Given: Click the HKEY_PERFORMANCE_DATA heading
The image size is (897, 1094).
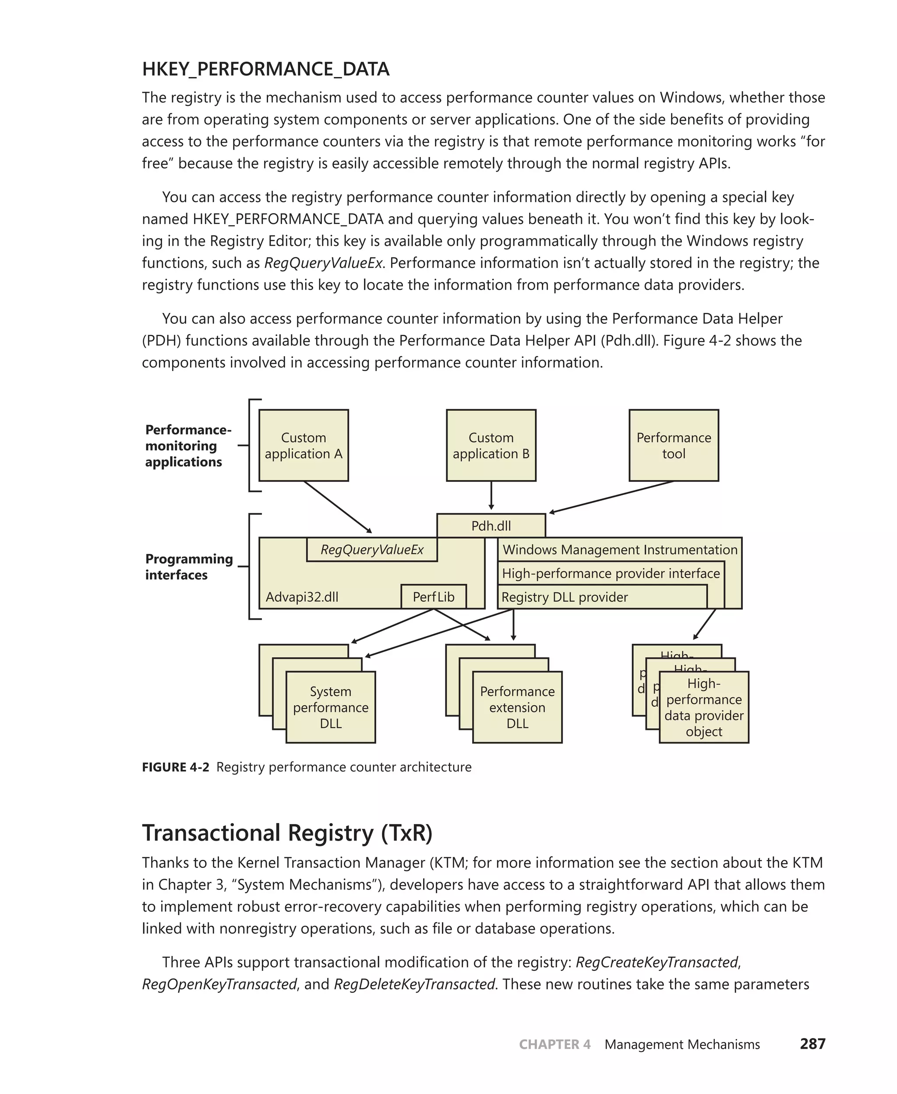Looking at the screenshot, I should coord(265,69).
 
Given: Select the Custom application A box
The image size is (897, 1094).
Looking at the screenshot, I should coord(303,445).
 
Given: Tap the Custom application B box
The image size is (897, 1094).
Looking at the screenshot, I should coord(491,445).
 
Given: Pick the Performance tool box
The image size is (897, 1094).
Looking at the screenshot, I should coord(673,445).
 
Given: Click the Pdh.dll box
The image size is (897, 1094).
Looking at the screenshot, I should coord(491,526).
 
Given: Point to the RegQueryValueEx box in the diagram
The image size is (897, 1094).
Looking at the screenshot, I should coord(371,549).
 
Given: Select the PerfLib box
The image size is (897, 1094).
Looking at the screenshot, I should coord(434,597).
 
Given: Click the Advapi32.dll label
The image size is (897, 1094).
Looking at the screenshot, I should coord(302,597).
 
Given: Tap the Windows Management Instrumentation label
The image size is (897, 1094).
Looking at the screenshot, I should coord(619,549).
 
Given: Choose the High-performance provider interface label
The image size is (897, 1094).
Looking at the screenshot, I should coord(610,573).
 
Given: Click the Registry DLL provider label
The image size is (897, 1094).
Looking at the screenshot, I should coord(564,597).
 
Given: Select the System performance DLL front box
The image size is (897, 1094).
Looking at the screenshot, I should coord(331,707).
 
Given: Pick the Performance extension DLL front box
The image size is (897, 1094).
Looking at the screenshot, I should coord(517,707).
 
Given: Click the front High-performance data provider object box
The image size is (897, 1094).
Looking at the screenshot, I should coord(704,707).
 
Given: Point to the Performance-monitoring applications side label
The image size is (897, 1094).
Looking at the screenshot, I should coord(188,445).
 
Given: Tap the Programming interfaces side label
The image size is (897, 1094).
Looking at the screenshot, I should coord(189,567).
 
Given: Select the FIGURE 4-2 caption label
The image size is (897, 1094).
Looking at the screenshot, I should coord(176,767).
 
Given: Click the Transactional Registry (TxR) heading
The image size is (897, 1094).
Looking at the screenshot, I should coord(287,833).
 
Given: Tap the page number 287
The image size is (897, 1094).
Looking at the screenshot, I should coord(812,1044).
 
